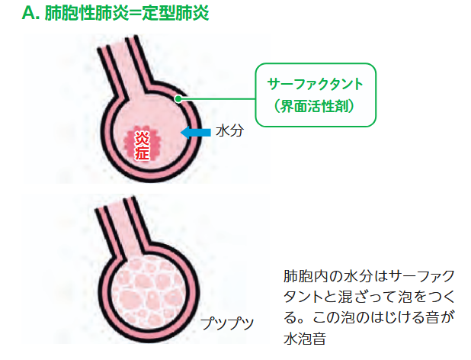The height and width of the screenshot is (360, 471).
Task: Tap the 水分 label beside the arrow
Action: [229, 131]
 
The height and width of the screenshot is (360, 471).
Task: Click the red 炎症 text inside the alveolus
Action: [142, 143]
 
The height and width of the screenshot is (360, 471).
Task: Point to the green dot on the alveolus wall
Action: [178, 98]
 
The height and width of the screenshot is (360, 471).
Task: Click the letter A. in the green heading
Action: [32, 14]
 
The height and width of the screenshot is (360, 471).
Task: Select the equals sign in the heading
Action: [129, 14]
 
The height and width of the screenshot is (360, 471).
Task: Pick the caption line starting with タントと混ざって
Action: [369, 297]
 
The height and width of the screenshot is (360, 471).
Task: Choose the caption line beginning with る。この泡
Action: [369, 317]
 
